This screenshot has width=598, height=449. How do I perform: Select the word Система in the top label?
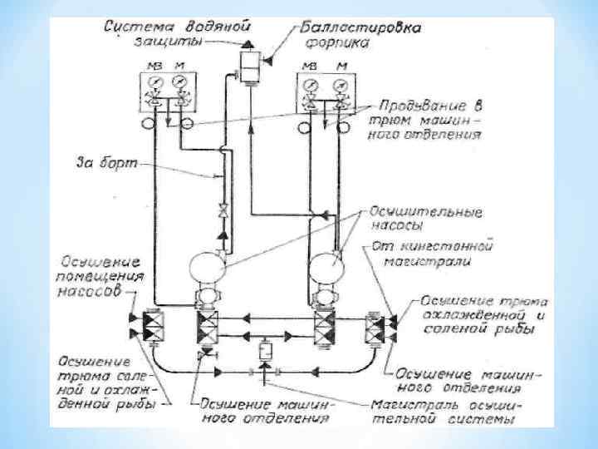click(136, 27)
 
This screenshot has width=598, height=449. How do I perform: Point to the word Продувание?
click(418, 106)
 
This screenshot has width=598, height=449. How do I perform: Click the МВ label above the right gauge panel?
click(311, 65)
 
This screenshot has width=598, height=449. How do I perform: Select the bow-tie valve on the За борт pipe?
click(221, 210)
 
